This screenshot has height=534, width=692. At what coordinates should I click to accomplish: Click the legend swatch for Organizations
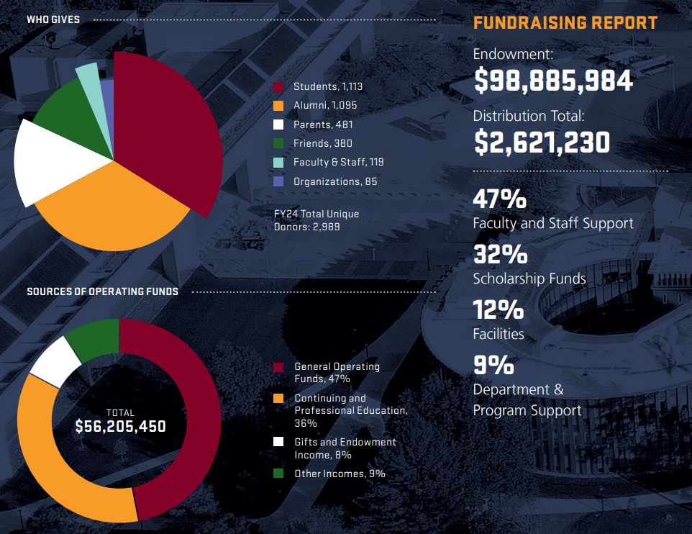coord(278,182)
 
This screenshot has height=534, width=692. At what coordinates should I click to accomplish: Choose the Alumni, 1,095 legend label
coord(324,105)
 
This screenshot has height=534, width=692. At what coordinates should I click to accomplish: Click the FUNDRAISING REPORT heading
coord(565,22)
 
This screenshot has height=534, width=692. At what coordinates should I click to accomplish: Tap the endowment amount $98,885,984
coord(552,81)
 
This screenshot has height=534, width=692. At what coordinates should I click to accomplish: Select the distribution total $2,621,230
coord(542,142)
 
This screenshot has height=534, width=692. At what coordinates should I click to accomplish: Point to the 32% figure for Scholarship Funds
coord(500,254)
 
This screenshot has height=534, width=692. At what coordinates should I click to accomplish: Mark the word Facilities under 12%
coord(498,334)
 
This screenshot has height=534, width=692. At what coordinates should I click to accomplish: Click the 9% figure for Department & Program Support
coord(493,365)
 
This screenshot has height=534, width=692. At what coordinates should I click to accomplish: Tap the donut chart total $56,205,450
coord(120,426)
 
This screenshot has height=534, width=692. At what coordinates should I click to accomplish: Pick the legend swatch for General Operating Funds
coord(278,368)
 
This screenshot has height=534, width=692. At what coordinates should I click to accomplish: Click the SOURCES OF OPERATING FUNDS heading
coord(102,291)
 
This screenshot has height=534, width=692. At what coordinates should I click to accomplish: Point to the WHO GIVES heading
coord(53,19)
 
